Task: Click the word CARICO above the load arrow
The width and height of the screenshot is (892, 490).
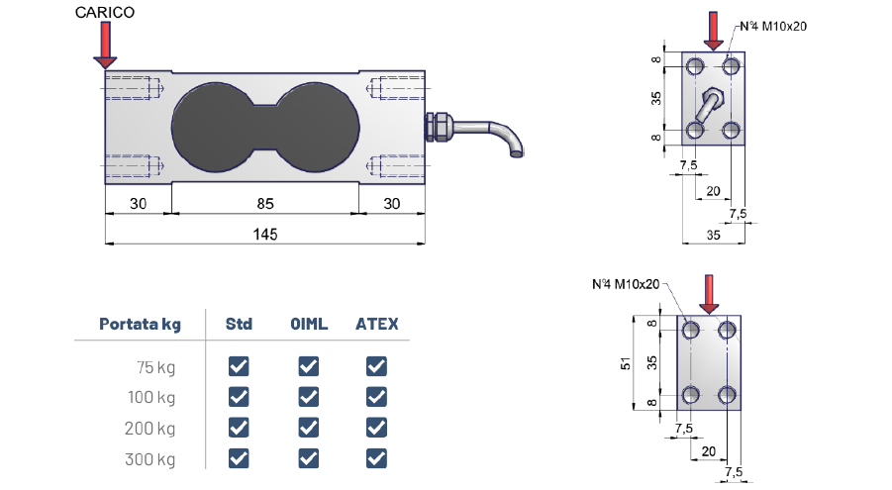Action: coord(105,13)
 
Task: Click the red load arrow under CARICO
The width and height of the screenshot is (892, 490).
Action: coord(105,46)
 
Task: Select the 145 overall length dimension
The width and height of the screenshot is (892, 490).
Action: coord(265,235)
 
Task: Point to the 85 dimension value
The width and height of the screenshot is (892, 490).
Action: coord(265,204)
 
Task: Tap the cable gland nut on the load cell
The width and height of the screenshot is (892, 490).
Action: coord(439,127)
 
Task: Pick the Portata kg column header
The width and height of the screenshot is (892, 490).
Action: coord(140,324)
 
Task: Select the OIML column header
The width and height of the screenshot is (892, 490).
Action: coord(309,324)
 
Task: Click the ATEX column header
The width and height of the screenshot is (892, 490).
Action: coord(376,324)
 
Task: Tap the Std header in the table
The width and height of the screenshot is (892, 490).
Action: coord(239,324)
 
